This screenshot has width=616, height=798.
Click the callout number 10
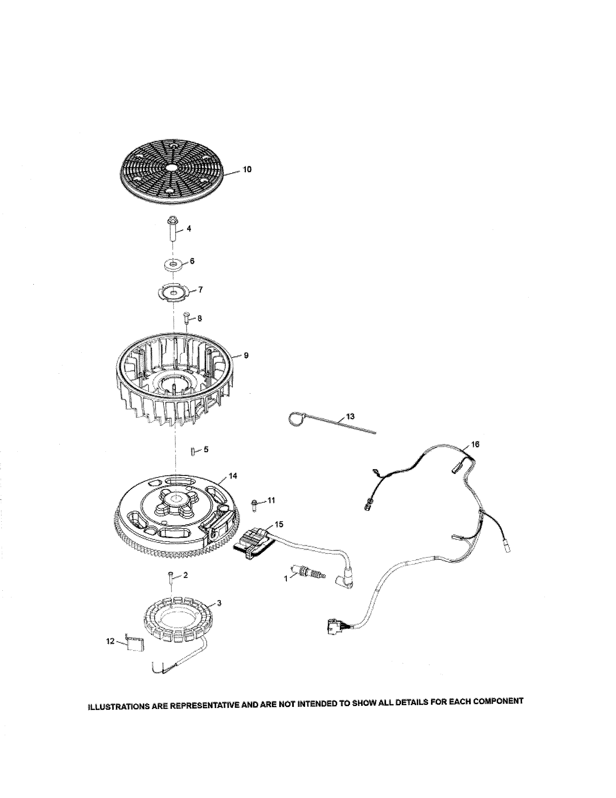(247, 170)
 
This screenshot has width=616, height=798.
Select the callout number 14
(233, 476)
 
